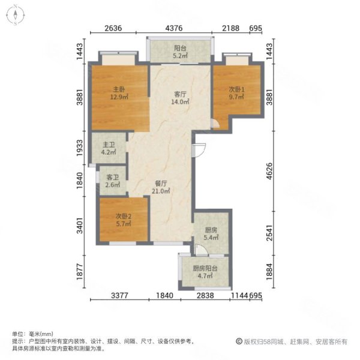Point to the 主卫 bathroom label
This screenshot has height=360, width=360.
pyautogui.click(x=109, y=144)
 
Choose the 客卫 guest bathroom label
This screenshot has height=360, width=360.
pyautogui.click(x=112, y=178)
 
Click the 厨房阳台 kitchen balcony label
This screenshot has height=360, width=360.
pyautogui.click(x=205, y=269)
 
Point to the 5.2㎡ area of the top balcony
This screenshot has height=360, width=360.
pyautogui.click(x=180, y=57)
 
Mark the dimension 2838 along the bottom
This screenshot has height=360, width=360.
pyautogui.click(x=205, y=296)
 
